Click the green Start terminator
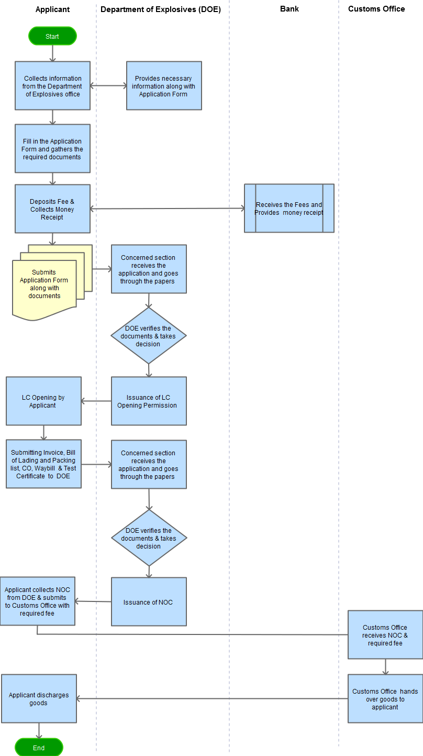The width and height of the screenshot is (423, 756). pos(52,36)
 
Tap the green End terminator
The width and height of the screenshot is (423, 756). pos(39,748)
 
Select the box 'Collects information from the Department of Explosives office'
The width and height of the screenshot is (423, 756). pos(52,86)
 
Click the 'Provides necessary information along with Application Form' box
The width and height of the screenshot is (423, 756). pos(164,86)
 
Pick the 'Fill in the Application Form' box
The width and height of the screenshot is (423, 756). pos(52,149)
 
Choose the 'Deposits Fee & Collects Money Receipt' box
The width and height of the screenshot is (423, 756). pos(52,209)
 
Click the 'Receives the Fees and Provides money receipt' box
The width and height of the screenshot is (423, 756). pos(289,208)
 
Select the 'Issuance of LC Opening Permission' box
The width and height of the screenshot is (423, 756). pos(149,401)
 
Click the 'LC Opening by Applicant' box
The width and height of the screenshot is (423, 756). pos(43,401)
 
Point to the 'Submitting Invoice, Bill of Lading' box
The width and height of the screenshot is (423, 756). pos(43,464)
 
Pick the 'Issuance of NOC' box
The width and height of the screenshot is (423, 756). pos(149,602)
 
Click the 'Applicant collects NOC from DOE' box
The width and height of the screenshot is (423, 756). pos(37,601)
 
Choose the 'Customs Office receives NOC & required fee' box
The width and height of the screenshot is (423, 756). pos(385,635)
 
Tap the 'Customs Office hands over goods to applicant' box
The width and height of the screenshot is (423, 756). pos(385,699)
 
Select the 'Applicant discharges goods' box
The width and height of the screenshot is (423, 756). pos(39,699)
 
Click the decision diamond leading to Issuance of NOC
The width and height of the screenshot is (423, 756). pos(149,538)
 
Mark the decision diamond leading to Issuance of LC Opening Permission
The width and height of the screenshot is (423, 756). pos(149,336)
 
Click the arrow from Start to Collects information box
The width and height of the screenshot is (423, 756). pos(52,53)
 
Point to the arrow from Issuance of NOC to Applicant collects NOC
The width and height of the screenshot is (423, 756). pos(93,601)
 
